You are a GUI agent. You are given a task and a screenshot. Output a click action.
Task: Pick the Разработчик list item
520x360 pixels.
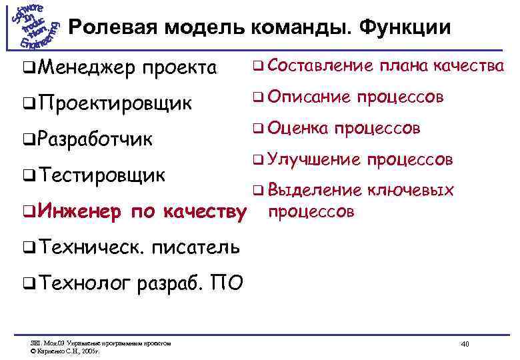(96, 140)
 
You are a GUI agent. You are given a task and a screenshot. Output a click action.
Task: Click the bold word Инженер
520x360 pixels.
(80, 212)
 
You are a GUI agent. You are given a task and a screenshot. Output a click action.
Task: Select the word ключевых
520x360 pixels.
(411, 191)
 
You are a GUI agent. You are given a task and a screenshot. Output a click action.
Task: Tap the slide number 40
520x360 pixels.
(465, 344)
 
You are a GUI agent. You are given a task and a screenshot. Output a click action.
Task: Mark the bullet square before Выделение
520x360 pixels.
(257, 191)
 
